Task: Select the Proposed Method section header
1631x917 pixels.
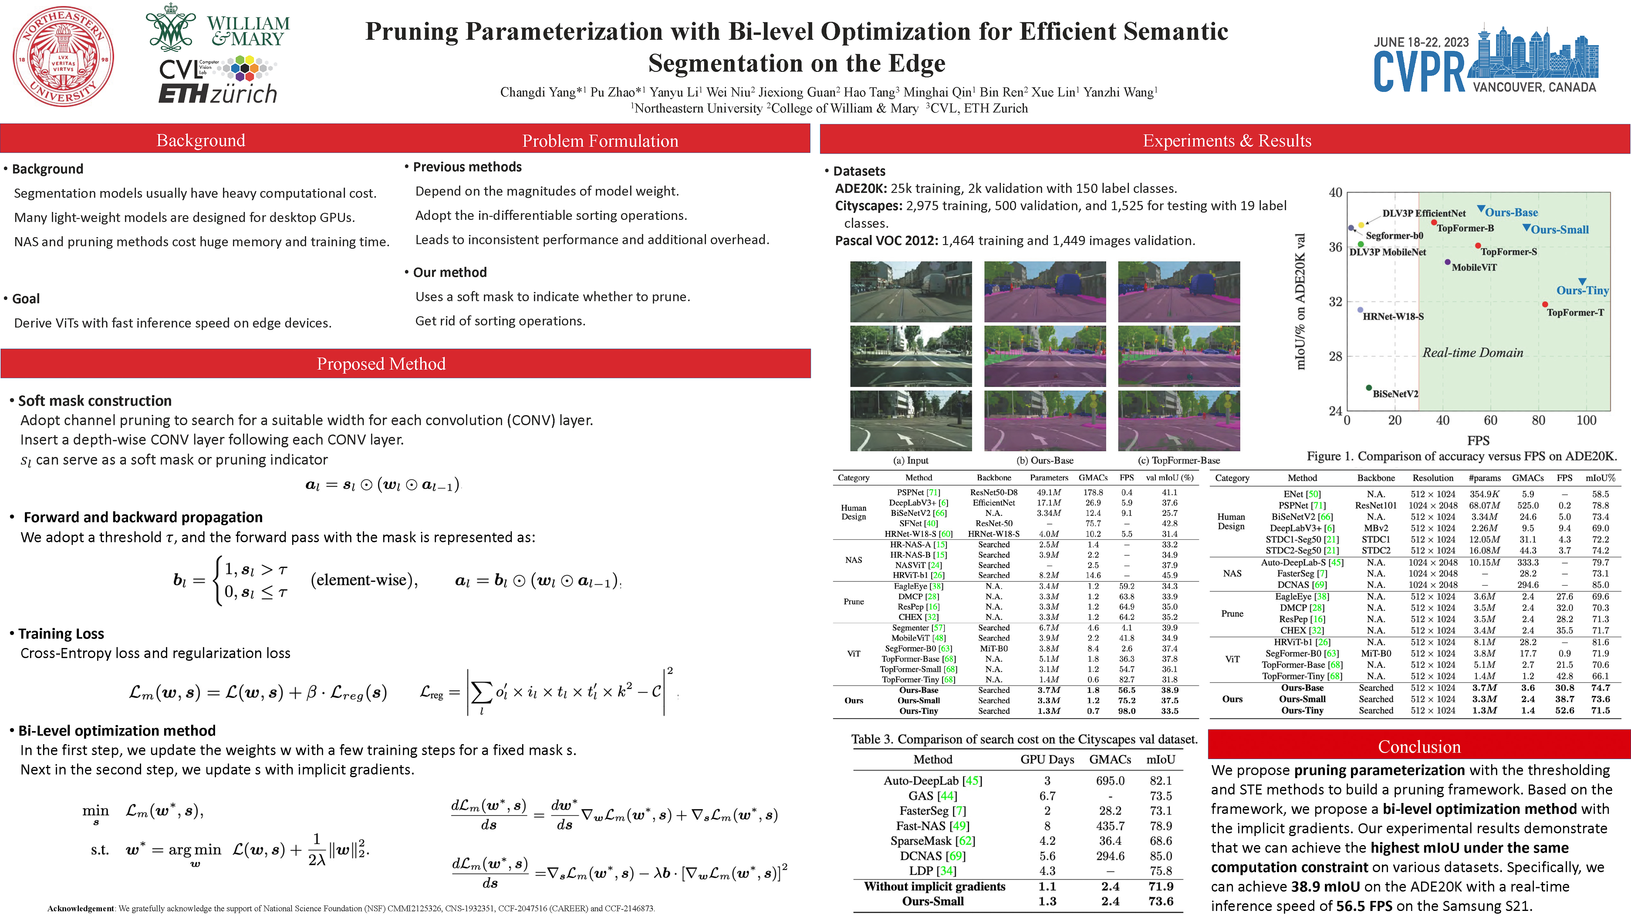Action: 381,364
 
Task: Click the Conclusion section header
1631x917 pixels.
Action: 1419,747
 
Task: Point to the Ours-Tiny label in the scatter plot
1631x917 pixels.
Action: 1582,290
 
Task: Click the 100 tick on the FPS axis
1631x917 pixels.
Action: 1586,420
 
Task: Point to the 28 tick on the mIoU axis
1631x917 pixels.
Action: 1335,356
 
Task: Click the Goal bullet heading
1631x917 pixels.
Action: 26,299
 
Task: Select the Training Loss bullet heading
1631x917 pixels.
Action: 61,634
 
